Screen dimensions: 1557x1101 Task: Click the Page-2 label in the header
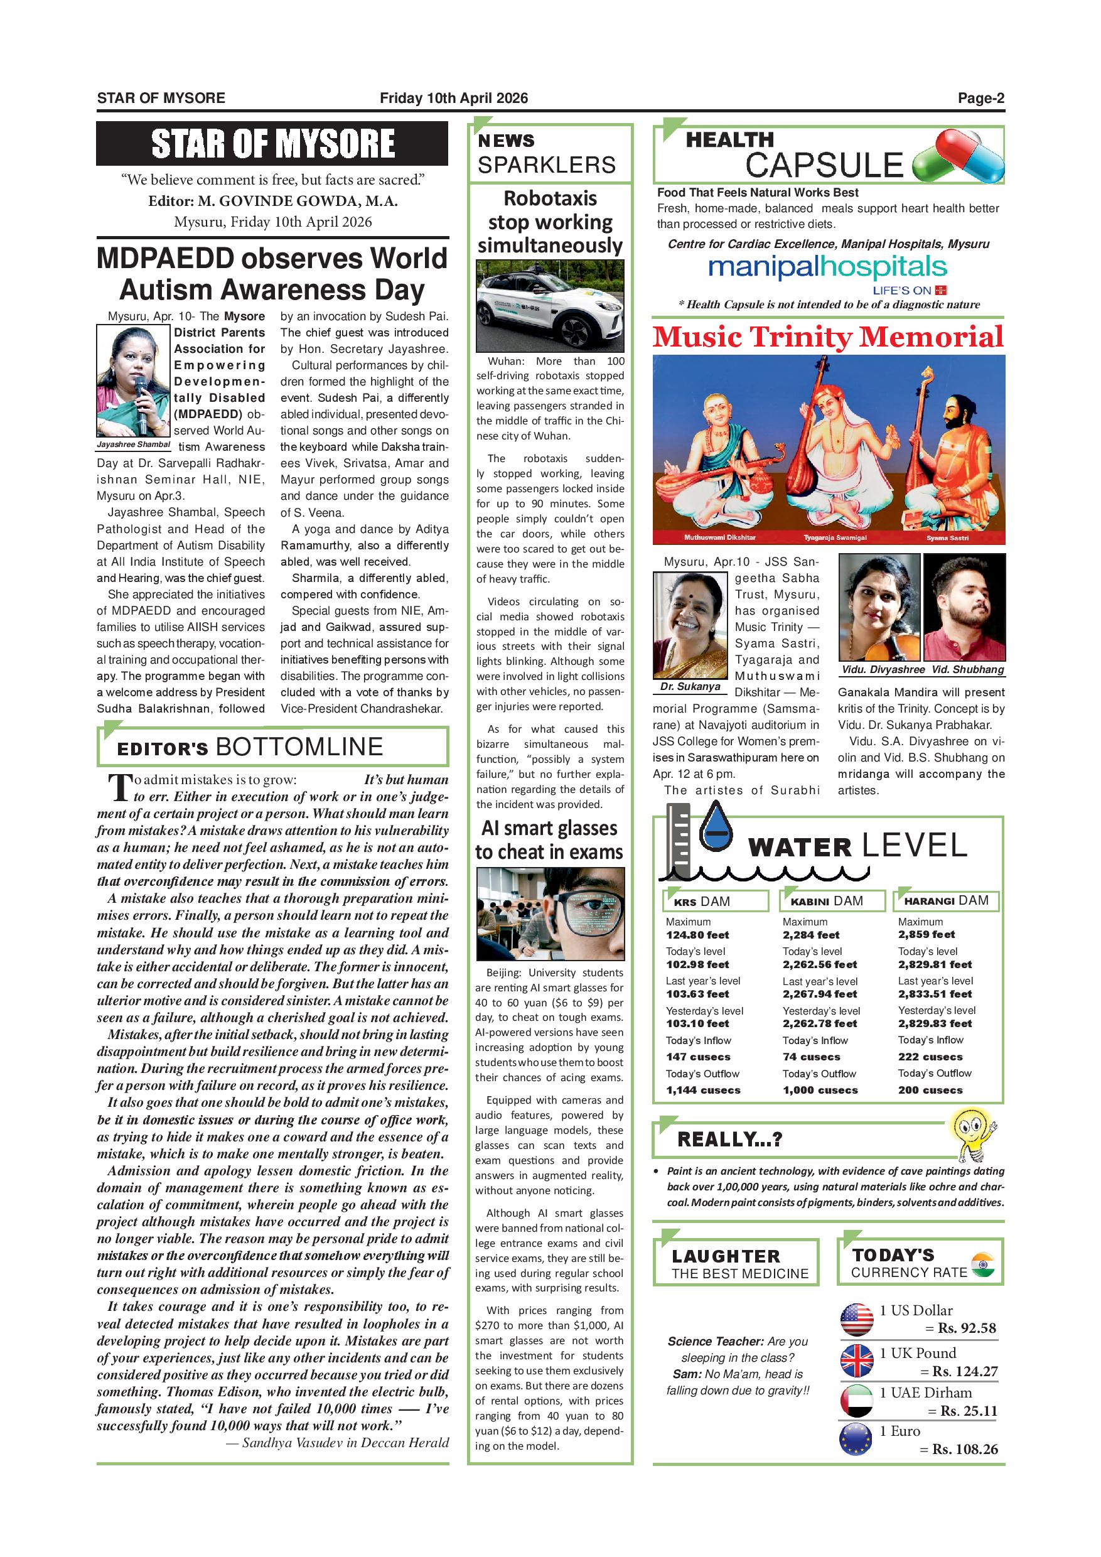980,99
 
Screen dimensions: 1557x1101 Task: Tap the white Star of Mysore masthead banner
272,144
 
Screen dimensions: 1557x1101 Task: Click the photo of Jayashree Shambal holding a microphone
133,380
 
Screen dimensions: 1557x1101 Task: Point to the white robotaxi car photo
549,306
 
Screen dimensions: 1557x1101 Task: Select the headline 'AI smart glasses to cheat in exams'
549,840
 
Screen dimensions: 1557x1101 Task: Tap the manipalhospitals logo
827,268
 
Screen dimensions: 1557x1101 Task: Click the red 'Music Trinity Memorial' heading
828,337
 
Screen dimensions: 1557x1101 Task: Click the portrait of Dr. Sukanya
690,625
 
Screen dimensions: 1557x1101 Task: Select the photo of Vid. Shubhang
964,607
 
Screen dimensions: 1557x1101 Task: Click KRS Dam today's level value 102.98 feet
697,964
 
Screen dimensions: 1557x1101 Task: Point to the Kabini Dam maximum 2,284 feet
811,934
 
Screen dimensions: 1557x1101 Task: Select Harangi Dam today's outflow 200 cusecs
930,1090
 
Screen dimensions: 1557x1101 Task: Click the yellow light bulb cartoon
973,1134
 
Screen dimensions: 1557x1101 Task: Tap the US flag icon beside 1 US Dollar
857,1319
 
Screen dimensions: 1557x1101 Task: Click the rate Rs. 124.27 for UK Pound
965,1371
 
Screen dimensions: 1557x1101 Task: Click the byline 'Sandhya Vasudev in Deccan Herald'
345,1442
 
